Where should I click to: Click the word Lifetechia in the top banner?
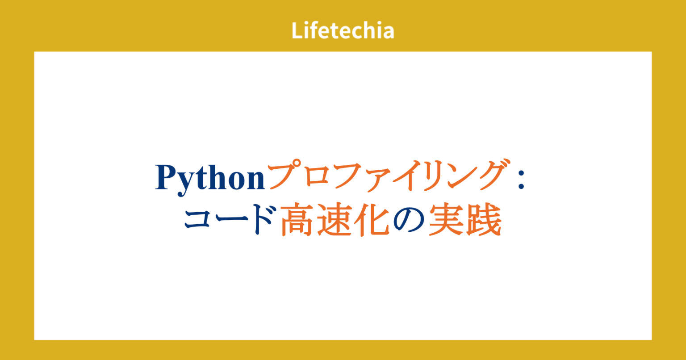point(343,30)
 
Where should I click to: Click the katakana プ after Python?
point(286,178)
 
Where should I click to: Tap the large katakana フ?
point(353,178)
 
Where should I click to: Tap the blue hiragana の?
point(407,219)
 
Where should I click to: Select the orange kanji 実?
point(445,219)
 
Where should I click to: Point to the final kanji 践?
point(482,219)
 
